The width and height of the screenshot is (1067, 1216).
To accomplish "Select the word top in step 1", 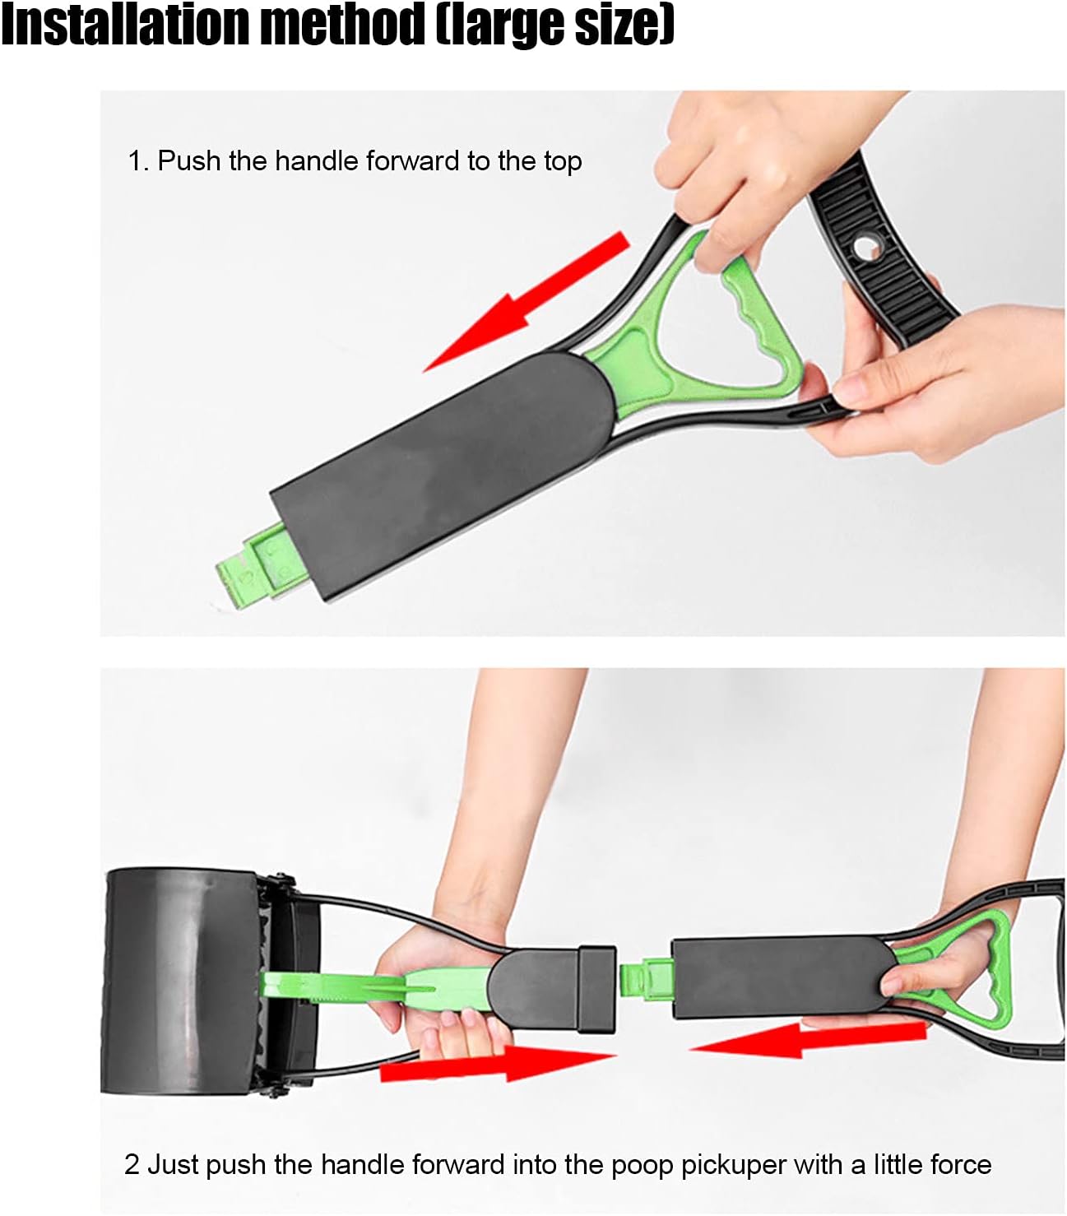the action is click(563, 163).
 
